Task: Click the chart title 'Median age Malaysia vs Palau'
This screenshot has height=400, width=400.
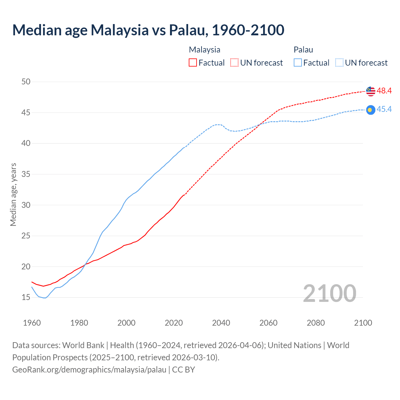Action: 148,30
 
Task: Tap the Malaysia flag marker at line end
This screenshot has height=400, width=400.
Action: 371,91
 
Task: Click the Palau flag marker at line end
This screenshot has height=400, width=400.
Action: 371,110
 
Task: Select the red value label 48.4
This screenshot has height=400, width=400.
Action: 384,91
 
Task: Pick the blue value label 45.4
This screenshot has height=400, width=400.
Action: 384,109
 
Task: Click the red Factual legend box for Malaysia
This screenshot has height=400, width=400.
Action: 193,63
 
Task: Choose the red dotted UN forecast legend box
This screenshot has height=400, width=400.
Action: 234,63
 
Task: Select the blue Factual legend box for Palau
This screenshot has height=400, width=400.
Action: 298,63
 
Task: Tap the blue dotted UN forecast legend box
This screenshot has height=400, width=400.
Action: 339,63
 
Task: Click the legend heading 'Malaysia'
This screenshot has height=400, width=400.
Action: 204,50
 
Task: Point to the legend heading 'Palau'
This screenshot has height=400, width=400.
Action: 303,50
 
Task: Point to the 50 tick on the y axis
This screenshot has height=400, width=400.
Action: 26,82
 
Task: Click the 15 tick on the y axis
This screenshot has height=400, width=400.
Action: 26,297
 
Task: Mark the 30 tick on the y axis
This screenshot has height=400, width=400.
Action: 26,205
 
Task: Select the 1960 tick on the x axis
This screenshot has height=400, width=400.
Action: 32,323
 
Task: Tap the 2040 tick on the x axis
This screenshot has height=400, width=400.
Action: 221,323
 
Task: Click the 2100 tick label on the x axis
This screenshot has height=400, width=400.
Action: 363,323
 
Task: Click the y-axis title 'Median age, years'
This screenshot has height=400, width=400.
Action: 13,194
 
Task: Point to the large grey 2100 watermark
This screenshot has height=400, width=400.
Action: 329,293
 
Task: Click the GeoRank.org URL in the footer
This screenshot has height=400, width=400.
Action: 89,370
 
